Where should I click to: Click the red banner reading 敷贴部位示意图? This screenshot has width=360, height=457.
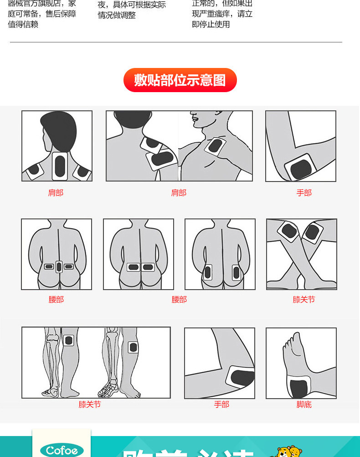pyautogui.click(x=180, y=80)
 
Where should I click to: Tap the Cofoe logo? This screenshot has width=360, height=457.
pyautogui.click(x=62, y=450)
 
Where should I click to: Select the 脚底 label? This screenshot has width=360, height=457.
pyautogui.click(x=304, y=404)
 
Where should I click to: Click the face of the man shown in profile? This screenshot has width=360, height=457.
pyautogui.click(x=199, y=119)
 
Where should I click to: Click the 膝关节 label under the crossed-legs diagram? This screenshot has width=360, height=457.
pyautogui.click(x=304, y=300)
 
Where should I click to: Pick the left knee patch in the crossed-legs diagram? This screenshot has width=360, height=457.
pyautogui.click(x=289, y=231)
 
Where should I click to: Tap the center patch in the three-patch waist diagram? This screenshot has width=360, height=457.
pyautogui.click(x=59, y=266)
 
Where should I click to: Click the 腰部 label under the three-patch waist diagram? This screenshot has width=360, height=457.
pyautogui.click(x=56, y=300)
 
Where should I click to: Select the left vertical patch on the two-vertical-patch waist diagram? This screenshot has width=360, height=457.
pyautogui.click(x=208, y=272)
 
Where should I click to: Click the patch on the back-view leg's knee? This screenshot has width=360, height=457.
pyautogui.click(x=69, y=340)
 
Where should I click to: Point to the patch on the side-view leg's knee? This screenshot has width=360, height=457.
pyautogui.click(x=133, y=347)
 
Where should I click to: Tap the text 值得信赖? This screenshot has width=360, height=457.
pyautogui.click(x=23, y=24)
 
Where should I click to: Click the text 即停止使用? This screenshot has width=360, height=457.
pyautogui.click(x=211, y=24)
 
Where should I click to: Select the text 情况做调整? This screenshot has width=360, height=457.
pyautogui.click(x=117, y=15)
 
